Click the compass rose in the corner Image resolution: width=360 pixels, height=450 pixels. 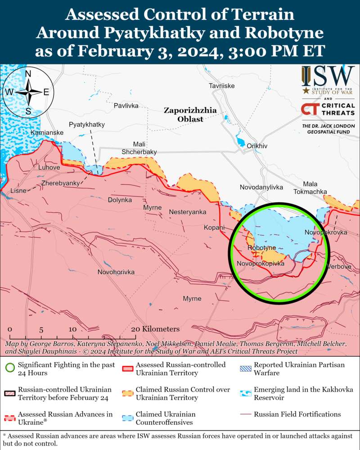pos(28,92)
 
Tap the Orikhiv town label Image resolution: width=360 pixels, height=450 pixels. pos(257,146)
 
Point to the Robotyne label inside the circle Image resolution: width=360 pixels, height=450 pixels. pos(261,248)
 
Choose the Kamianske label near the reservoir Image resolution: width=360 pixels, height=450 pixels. pos(47,133)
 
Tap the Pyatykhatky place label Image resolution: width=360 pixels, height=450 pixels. pos(86,124)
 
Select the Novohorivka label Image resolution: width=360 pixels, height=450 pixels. pos(116,272)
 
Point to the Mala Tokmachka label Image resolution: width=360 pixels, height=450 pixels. pos(310,188)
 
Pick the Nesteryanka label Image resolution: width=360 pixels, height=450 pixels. pos(188,212)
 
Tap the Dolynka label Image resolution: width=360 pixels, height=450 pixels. pos(120,200)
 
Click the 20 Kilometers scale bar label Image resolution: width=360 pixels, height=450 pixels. pos(155,329)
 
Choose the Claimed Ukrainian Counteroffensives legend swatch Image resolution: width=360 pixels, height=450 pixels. pos(129,418)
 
